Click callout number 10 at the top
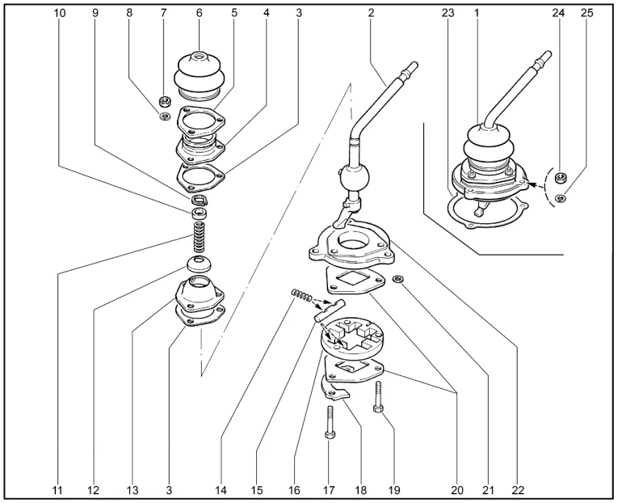tap(60, 13)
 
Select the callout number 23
tap(448, 13)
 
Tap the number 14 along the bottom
tap(221, 490)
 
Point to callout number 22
tap(518, 490)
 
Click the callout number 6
tap(200, 13)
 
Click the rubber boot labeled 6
tap(200, 76)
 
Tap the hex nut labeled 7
tap(164, 102)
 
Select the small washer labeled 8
tap(164, 116)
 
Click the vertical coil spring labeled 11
tap(199, 237)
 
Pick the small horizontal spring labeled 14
tap(301, 295)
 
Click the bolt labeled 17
tap(330, 422)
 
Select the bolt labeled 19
tap(378, 397)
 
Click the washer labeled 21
tap(398, 280)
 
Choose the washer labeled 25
tap(560, 197)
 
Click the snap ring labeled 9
tap(200, 199)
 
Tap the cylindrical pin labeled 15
tap(330, 311)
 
